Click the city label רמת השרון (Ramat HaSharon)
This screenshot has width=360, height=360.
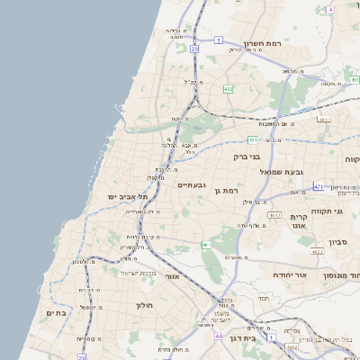tap(263, 42)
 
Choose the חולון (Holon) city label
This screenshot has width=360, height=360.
tap(145, 306)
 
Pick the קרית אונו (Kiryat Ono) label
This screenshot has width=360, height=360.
tap(300, 222)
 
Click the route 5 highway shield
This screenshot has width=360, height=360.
tap(219, 40)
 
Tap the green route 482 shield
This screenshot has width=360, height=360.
tap(229, 89)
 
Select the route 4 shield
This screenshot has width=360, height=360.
tap(330, 10)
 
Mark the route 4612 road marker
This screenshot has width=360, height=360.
tap(274, 216)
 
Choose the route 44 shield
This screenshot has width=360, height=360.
tap(219, 335)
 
